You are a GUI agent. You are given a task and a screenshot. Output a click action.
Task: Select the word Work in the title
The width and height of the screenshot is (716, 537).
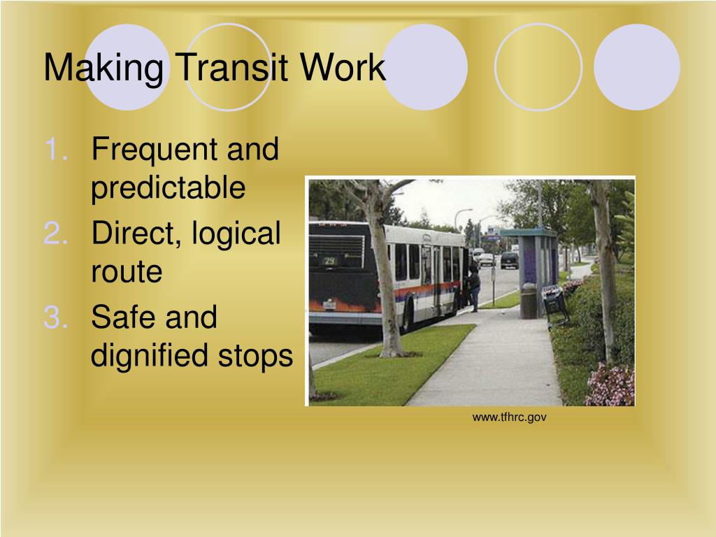point(343,69)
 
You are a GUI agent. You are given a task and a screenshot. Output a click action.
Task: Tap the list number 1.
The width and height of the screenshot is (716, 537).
point(57,150)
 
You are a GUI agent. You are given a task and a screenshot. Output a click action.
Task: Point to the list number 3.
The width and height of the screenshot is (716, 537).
point(57,317)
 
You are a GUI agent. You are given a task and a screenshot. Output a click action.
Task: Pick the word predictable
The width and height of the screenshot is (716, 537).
point(169,189)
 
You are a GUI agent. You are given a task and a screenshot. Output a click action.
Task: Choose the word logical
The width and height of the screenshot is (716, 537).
point(235,234)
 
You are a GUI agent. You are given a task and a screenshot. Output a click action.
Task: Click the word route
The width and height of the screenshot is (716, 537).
point(127,273)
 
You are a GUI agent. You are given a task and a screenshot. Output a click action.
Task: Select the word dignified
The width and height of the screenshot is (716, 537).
point(150,357)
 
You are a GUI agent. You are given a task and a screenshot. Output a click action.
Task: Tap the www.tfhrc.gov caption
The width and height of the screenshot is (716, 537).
point(509,417)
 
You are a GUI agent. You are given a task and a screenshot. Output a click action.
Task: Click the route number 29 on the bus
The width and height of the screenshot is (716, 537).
point(329,261)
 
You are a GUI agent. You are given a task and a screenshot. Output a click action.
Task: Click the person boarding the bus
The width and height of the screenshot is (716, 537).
point(475,287)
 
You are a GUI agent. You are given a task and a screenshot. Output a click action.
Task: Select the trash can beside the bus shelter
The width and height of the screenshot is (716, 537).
point(529,301)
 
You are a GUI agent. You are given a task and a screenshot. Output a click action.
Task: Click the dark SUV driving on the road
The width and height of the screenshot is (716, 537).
point(509,260)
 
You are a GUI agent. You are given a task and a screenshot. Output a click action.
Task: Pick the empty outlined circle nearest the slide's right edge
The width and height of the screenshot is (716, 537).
point(538,66)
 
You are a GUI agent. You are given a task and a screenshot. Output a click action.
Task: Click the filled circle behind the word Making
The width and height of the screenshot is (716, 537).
point(128,66)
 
